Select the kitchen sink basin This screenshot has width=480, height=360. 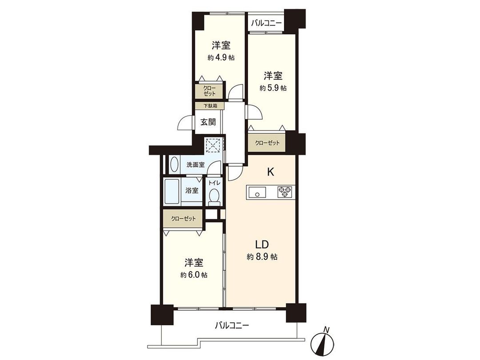(256, 192)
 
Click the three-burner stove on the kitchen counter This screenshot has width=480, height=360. (284, 192)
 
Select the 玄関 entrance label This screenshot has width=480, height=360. (208, 122)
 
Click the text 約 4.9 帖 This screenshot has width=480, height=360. (221, 57)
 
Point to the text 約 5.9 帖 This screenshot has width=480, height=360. (273, 88)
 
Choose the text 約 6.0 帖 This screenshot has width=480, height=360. (194, 275)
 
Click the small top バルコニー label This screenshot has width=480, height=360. (266, 23)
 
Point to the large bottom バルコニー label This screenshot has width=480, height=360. (232, 325)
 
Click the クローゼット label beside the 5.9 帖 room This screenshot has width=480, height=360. (267, 143)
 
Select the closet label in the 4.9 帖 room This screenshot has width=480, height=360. (210, 91)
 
